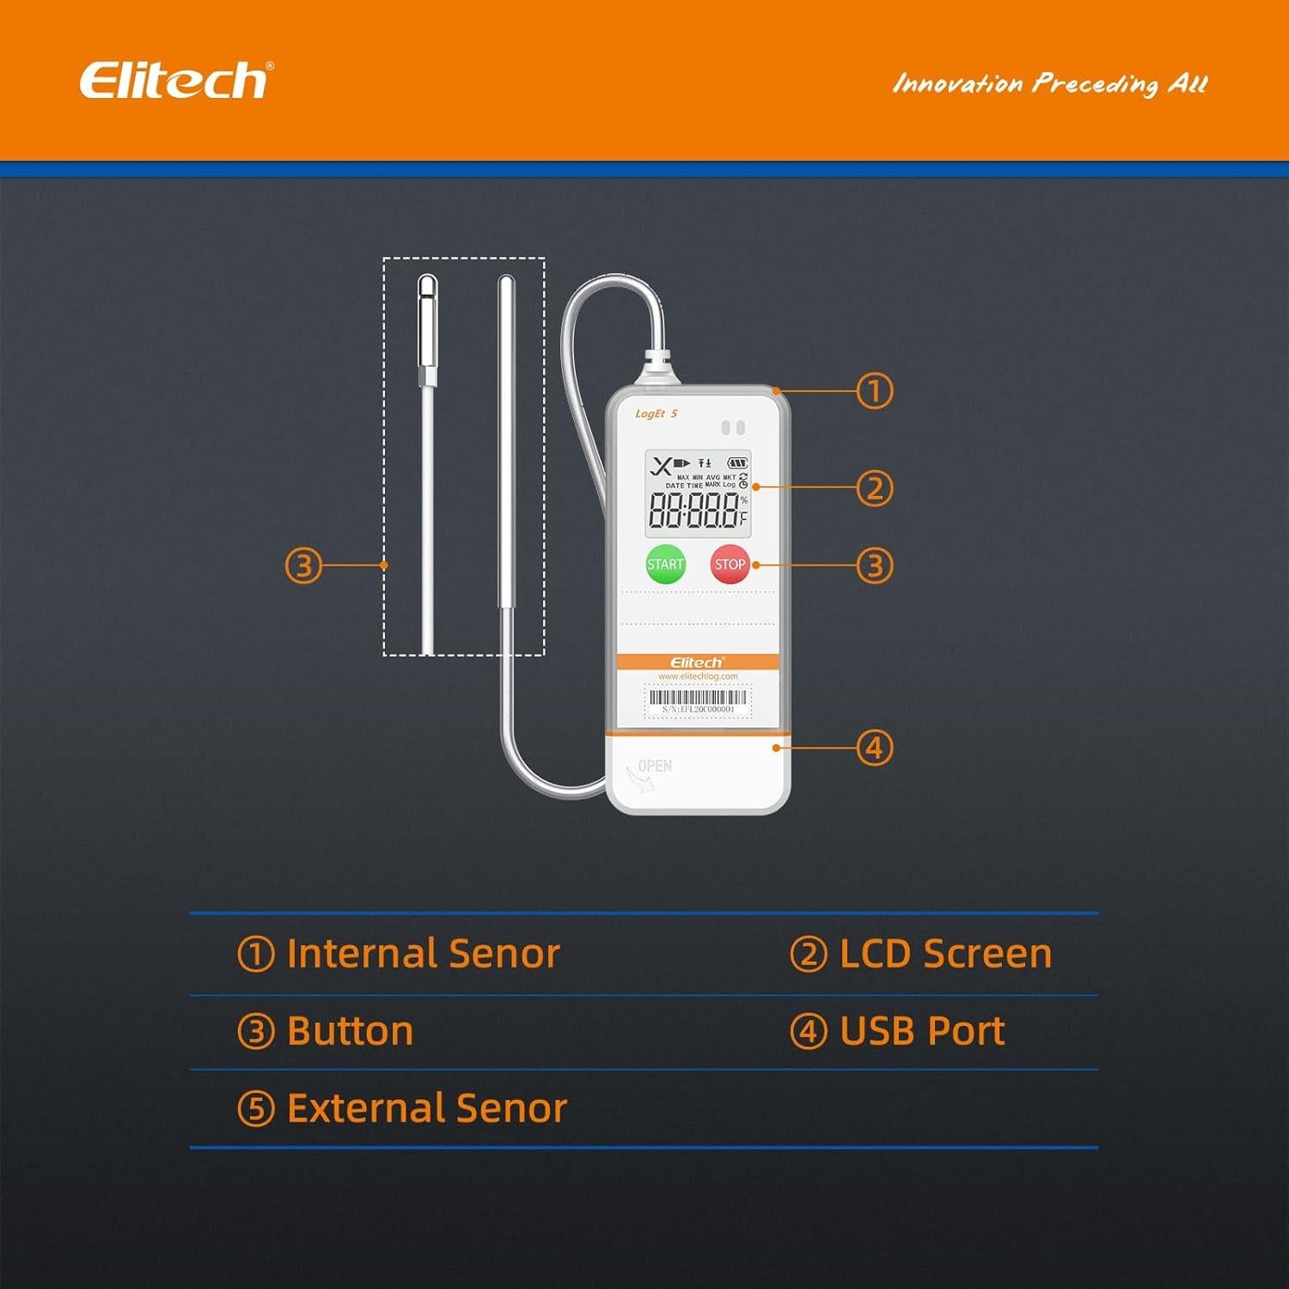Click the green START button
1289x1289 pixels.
click(x=665, y=565)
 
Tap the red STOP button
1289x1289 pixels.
click(x=730, y=565)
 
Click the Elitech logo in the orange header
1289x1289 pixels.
click(x=174, y=81)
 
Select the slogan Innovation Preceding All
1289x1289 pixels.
click(x=1050, y=83)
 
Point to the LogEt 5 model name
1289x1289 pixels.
click(x=656, y=414)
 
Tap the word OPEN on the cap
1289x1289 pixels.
click(x=655, y=766)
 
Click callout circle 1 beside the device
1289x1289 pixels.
click(x=875, y=392)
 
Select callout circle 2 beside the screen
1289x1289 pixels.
click(x=875, y=488)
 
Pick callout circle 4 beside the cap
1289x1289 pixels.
click(x=875, y=748)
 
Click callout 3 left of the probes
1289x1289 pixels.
click(x=303, y=565)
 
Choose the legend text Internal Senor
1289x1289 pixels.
click(x=423, y=954)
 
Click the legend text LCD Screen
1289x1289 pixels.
click(x=945, y=954)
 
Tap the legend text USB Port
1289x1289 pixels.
click(x=922, y=1031)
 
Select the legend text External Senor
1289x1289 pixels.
click(x=426, y=1109)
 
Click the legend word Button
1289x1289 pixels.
click(x=350, y=1031)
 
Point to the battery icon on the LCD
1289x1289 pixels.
click(x=737, y=463)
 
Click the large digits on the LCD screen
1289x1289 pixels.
click(x=693, y=510)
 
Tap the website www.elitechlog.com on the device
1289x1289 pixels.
click(x=698, y=676)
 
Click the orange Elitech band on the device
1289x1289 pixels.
click(x=698, y=662)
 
